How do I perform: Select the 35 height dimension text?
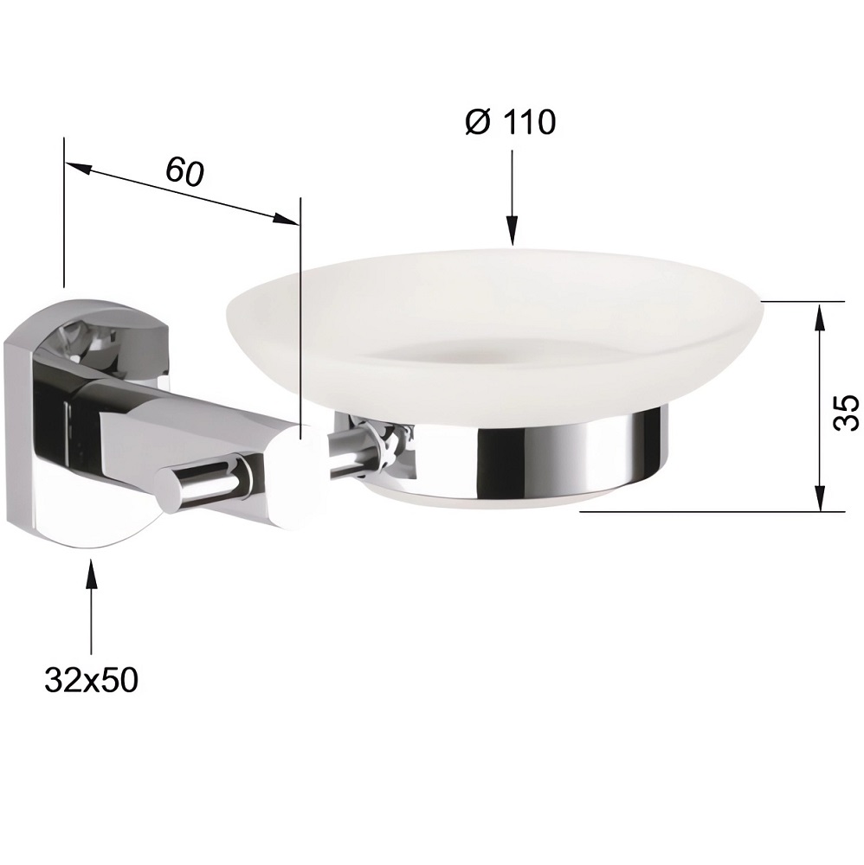coord(845,412)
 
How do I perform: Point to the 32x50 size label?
coord(91,680)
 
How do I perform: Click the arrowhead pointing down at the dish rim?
coord(513,232)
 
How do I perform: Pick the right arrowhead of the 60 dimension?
coord(286,219)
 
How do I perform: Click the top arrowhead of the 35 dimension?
coord(820,317)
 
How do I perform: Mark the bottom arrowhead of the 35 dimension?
coord(820,496)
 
